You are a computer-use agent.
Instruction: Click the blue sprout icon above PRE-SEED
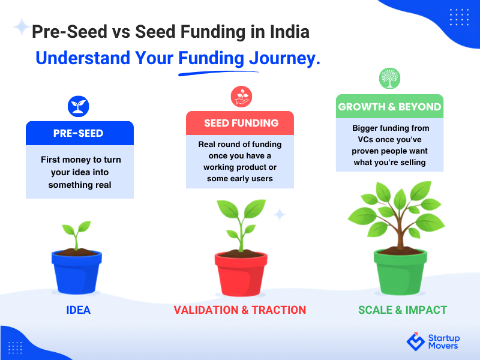coord(79,107)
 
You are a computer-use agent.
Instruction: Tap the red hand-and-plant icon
coord(241,97)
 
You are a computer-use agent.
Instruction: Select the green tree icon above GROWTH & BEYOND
coord(389,79)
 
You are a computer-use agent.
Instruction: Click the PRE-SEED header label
coord(79,133)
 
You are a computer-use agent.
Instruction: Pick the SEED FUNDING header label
coord(241,123)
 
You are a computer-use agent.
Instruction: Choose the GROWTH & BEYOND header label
coord(389,107)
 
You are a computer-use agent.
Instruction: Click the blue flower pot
coord(77,272)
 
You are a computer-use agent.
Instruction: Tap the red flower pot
coord(241,274)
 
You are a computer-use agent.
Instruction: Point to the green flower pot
coord(400,272)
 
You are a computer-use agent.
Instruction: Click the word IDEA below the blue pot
coord(79,310)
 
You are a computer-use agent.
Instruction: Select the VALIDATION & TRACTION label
coord(239,310)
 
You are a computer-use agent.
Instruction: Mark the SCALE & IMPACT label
coord(403,310)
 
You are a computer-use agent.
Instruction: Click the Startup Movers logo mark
coord(415,341)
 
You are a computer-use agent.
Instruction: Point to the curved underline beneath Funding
coord(218,73)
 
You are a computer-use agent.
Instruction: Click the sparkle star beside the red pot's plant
coord(280,214)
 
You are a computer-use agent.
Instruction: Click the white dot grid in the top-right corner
coord(459,17)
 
